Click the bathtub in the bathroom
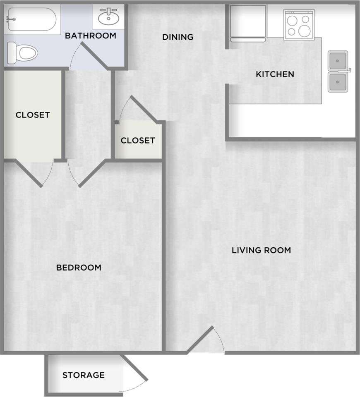(x=32, y=19)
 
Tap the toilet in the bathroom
(x=22, y=53)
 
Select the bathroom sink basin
(x=108, y=17)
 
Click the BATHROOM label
(x=91, y=36)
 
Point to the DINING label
(x=178, y=37)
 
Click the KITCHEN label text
(x=275, y=74)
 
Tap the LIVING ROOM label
(x=261, y=251)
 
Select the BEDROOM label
(x=79, y=268)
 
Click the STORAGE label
(x=83, y=375)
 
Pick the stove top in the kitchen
(x=299, y=24)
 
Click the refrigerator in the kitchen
(x=248, y=24)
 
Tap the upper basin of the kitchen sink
(x=338, y=61)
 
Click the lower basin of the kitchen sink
(x=338, y=82)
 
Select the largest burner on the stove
(x=304, y=31)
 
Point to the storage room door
(x=134, y=368)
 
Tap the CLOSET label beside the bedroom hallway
(x=33, y=115)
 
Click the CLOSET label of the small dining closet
(x=137, y=141)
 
